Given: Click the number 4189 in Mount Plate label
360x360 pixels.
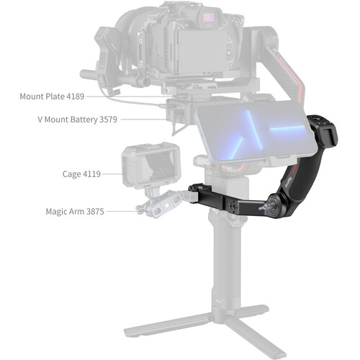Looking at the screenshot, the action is coord(75,96).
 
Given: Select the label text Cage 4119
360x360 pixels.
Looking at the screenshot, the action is coord(81,174).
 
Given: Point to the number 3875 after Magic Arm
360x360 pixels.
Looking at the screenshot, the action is coord(95,212).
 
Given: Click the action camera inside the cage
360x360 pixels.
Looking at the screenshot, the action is coord(150,166).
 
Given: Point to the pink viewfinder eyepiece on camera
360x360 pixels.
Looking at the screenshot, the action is coord(208,17).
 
